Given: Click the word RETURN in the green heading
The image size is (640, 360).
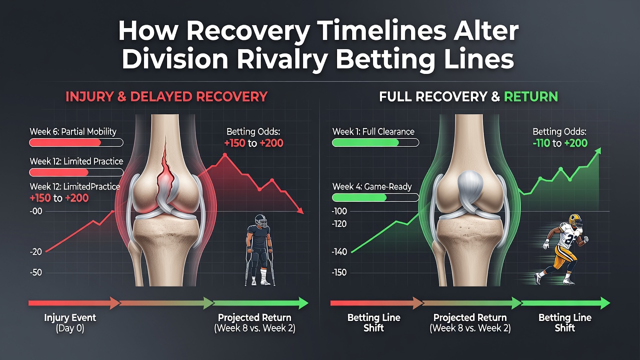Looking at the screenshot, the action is (x=531, y=97).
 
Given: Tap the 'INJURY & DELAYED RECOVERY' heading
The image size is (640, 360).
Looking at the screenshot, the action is (x=166, y=97).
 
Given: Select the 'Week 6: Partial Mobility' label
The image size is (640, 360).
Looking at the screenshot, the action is (x=73, y=131).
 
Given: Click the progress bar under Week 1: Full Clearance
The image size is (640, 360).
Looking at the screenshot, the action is (x=375, y=142).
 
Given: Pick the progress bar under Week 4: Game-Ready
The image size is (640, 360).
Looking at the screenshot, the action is (x=375, y=197).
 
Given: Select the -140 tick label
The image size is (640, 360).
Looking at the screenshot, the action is (x=339, y=252).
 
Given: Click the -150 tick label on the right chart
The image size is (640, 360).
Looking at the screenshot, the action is (x=339, y=272).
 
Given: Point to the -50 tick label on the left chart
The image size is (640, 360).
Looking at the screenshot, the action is (x=35, y=272).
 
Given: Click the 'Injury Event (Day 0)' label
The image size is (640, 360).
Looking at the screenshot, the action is (x=70, y=323).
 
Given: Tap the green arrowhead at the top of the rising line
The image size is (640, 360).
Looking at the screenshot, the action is (x=597, y=151).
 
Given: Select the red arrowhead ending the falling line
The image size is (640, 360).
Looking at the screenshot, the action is (x=300, y=211).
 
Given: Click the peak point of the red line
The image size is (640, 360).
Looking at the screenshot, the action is (x=224, y=154).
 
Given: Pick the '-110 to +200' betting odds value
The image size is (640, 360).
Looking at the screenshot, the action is (x=560, y=143).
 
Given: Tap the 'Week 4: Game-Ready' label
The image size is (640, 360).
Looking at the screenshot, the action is (x=372, y=187).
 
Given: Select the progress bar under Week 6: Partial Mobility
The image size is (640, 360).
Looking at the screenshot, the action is (x=76, y=142).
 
